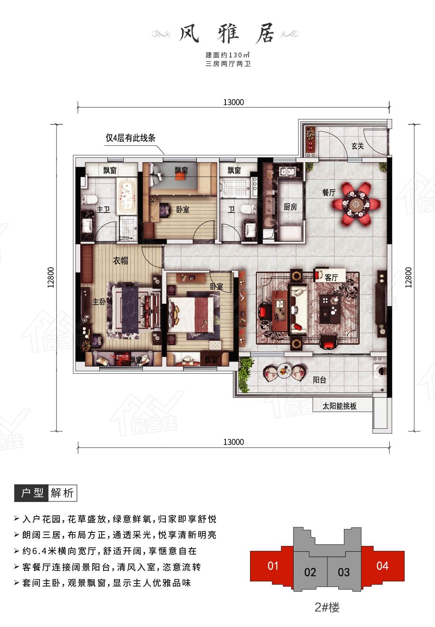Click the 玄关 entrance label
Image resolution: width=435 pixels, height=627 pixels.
[357, 146]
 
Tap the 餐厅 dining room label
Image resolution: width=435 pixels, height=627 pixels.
[329, 193]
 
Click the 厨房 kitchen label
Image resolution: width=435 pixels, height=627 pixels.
[290, 207]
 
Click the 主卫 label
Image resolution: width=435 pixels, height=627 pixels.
[103, 210]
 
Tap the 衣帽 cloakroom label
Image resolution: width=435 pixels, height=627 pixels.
[120, 261]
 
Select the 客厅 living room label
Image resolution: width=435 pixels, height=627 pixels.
[331, 277]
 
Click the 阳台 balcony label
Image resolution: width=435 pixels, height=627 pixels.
[319, 380]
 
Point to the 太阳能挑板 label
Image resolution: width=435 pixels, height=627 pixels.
[339, 406]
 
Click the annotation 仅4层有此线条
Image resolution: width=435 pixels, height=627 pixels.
[130, 138]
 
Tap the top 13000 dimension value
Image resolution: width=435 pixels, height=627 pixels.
[233, 102]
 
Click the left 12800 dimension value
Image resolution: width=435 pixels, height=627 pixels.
[51, 277]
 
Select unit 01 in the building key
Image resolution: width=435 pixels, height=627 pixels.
[273, 566]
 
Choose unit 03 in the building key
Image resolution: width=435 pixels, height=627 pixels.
[343, 572]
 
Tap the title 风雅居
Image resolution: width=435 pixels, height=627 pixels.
[226, 33]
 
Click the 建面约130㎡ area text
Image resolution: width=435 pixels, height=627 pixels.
[228, 55]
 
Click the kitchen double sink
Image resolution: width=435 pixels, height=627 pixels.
[288, 171]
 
